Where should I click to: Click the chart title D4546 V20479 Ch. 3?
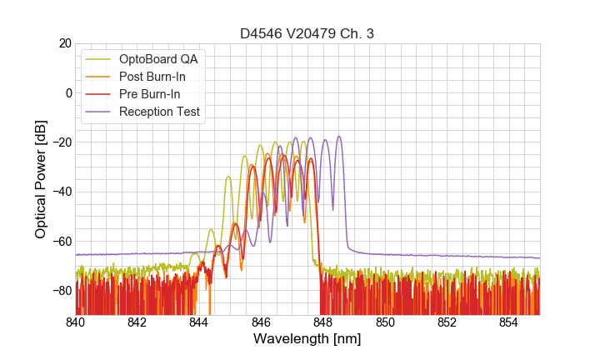[307, 33]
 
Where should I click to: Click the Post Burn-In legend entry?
[152, 77]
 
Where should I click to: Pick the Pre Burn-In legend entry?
[150, 94]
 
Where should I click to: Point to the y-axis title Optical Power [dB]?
[41, 178]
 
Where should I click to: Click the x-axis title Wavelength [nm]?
[307, 340]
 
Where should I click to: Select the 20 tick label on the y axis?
[63, 43]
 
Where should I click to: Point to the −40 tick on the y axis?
[60, 192]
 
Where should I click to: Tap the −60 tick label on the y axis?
[60, 241]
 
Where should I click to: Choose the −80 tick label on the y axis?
[60, 290]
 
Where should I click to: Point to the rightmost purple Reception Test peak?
[339, 137]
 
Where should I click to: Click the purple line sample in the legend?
[99, 112]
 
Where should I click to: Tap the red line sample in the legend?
[99, 94]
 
